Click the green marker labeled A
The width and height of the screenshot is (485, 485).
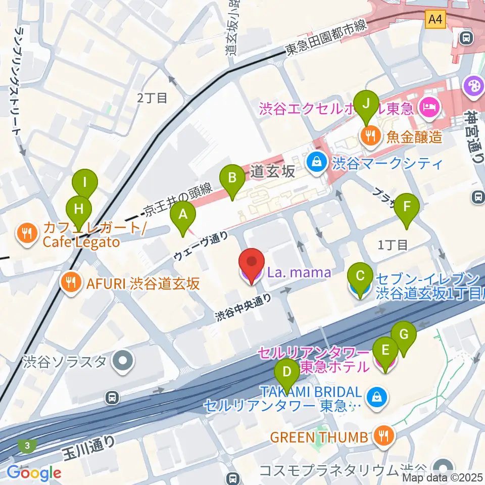pyautogui.click(x=183, y=215)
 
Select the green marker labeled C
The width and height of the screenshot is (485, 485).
pyautogui.click(x=360, y=277)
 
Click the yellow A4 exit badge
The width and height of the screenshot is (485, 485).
pyautogui.click(x=435, y=20)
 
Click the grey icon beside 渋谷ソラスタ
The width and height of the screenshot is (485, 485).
pyautogui.click(x=122, y=362)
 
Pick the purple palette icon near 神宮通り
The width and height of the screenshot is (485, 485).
pyautogui.click(x=474, y=84)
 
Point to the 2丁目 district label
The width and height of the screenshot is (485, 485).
pyautogui.click(x=152, y=98)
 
